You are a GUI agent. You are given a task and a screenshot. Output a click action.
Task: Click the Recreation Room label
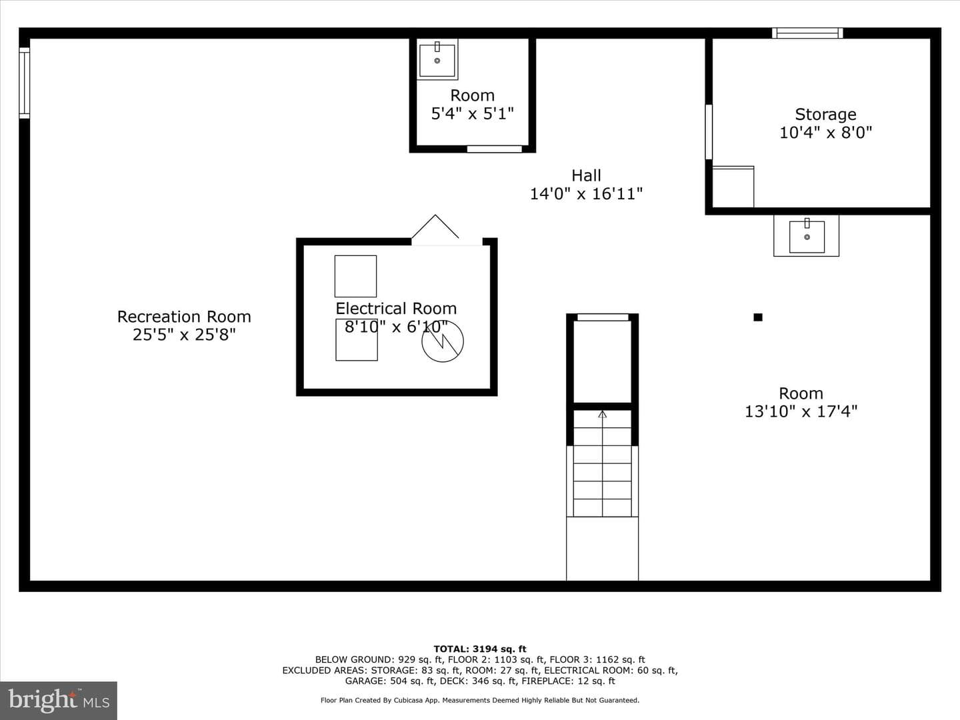[184, 317]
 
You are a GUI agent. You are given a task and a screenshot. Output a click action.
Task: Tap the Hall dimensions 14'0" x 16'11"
[586, 193]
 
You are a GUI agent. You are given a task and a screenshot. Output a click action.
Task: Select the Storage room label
[825, 114]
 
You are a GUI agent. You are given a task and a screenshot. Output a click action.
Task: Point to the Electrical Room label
[396, 309]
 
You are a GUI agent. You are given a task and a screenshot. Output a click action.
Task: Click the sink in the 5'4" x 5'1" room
[437, 59]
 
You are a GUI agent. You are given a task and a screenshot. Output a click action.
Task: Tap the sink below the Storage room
[807, 235]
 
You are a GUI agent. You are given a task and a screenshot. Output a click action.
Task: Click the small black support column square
[758, 317]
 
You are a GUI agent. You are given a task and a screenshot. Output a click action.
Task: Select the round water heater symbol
[443, 341]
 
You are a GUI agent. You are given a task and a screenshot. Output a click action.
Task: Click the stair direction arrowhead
[602, 414]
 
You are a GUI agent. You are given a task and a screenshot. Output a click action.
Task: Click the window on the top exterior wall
[807, 33]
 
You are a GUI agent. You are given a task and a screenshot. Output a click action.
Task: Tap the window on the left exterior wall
[25, 83]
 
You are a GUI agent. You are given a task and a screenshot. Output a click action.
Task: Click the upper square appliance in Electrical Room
[355, 276]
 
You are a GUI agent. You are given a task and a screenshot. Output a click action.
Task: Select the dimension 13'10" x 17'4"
[801, 411]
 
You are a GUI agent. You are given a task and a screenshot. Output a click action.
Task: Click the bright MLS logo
[59, 701]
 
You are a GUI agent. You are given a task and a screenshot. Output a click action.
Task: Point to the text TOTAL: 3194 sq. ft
[480, 649]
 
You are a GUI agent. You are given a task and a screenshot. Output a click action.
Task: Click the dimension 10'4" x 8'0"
[825, 132]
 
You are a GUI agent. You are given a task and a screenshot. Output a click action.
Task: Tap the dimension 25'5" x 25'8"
[184, 335]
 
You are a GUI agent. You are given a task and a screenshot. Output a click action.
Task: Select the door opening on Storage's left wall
[709, 132]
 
